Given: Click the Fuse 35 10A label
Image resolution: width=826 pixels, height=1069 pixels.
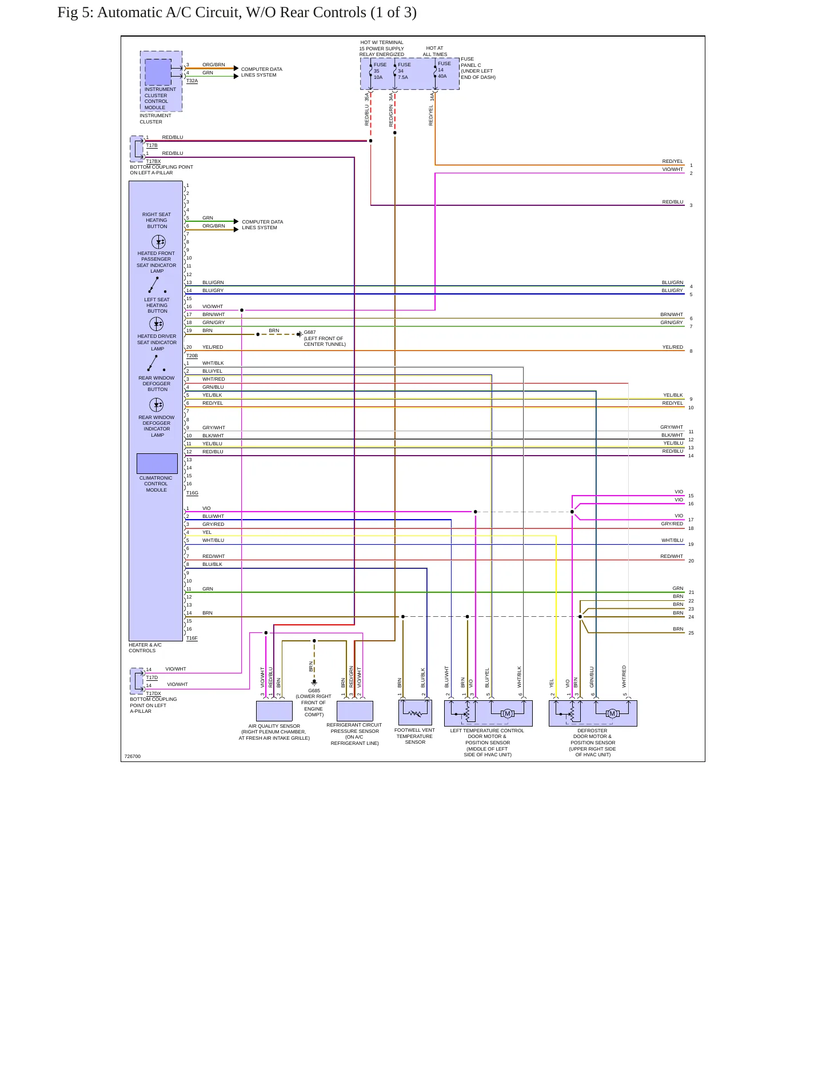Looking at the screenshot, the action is click(x=380, y=71).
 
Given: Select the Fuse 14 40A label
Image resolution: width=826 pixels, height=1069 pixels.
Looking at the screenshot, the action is click(x=444, y=70).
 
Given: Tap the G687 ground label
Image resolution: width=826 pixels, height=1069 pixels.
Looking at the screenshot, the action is click(x=310, y=332).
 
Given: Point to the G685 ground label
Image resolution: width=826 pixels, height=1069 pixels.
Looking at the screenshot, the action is click(x=314, y=691).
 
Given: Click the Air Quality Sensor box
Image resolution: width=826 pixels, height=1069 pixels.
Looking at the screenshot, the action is click(x=274, y=711).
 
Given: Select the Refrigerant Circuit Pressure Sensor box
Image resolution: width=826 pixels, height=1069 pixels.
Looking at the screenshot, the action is click(x=355, y=711).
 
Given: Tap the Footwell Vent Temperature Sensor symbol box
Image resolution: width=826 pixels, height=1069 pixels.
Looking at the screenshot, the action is click(x=415, y=713).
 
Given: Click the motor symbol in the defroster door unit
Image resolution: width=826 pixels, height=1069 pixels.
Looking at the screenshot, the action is click(x=612, y=713).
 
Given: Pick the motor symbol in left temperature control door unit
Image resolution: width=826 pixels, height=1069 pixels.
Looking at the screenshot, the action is click(x=507, y=713).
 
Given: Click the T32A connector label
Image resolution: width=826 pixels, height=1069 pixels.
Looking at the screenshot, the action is click(x=192, y=81).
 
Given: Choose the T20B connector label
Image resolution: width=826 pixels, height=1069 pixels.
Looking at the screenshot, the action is click(x=192, y=356).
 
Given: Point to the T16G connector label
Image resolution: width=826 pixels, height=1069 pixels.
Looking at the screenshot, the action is click(x=192, y=493).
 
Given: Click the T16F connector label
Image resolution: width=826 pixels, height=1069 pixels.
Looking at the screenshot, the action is click(x=192, y=638).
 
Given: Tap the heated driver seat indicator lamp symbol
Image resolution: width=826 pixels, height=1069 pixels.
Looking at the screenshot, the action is click(x=157, y=324).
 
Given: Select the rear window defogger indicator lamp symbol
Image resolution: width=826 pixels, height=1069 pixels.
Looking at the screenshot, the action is click(x=157, y=405).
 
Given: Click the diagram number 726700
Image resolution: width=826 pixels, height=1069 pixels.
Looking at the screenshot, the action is click(x=133, y=756).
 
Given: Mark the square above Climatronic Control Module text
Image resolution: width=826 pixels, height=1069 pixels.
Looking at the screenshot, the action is click(x=157, y=464).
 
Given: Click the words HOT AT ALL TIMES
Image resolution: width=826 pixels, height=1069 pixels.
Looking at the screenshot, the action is click(x=435, y=51).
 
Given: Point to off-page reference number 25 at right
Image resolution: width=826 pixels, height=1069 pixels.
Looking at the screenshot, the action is click(x=691, y=633).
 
